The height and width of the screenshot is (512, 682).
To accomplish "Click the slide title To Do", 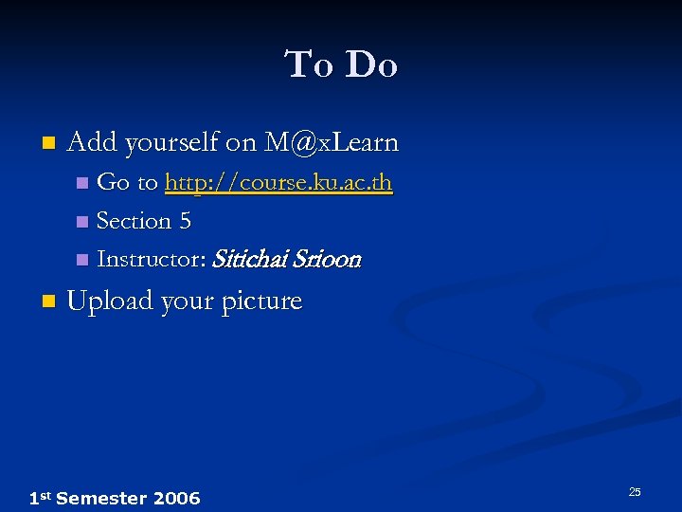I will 341,65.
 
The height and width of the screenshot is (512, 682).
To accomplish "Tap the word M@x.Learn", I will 332,143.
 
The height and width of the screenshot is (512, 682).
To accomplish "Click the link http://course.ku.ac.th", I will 278,182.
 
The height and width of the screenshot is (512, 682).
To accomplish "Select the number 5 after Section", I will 185,221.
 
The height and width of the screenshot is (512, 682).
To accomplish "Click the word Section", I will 134,221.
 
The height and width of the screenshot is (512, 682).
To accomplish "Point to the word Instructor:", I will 152,259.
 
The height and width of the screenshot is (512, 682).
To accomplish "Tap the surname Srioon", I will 328,259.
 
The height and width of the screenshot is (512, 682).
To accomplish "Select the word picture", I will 261,302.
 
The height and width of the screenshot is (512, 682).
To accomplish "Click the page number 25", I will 635,491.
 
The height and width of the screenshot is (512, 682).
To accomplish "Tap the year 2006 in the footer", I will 176,499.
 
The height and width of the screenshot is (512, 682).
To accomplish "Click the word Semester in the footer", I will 101,499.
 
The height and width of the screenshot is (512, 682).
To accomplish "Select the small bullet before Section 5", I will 81,222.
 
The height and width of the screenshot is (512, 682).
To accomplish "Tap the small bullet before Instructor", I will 81,260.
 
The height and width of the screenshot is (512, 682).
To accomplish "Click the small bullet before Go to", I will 81,182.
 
